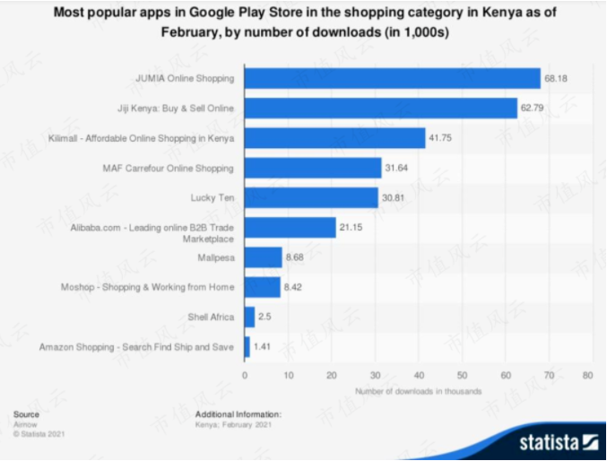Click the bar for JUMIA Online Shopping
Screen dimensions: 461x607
[392, 78]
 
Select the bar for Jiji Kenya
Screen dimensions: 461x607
[380, 109]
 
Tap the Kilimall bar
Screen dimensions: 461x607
[334, 138]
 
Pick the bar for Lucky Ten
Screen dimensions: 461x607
[311, 197]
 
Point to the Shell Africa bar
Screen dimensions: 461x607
[249, 317]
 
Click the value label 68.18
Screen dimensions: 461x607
[557, 79]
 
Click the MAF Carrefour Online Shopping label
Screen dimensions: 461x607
[169, 168]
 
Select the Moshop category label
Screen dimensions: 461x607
[178, 287]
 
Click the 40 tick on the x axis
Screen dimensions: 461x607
[417, 375]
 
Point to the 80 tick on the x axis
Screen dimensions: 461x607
[588, 375]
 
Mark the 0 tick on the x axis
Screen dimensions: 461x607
[245, 375]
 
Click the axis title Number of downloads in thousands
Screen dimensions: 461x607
[418, 391]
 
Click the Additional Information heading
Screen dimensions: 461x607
[238, 414]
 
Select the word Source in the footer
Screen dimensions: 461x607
[26, 414]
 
